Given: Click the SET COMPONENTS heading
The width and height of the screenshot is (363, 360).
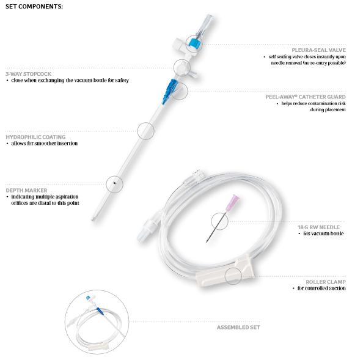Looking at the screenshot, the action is pos(34,7).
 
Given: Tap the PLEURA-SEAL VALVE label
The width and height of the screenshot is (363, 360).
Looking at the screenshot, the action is pos(318,50).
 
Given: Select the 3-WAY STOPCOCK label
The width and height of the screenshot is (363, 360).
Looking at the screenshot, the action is pos(29,74).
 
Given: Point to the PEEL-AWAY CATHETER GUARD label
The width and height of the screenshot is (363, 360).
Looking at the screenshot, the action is pos(306,97).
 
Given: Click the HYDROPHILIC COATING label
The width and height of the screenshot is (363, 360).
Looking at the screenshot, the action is pos(35,137).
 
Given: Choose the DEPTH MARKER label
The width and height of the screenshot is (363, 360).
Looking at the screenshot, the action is pos(26,190).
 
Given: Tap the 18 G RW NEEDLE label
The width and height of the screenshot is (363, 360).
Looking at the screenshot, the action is pos(318,227).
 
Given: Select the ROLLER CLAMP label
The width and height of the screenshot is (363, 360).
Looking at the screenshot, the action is pos(326,282).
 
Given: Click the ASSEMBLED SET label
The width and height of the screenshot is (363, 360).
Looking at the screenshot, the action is pos(238,327).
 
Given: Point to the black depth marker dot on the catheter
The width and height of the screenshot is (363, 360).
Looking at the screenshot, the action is pos(114,183).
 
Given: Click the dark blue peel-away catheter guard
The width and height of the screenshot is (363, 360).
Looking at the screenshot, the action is pos(169,91).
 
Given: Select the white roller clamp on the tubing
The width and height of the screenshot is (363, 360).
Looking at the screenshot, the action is pos(225,270).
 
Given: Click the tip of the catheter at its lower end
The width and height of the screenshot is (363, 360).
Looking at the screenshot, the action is pos(93,219).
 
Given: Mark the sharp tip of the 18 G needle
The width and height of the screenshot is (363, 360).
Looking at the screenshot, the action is pos(207,242).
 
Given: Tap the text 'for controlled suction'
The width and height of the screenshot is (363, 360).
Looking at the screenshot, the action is pos(321,288).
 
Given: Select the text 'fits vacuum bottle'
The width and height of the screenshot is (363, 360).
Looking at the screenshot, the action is pos(323,233).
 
